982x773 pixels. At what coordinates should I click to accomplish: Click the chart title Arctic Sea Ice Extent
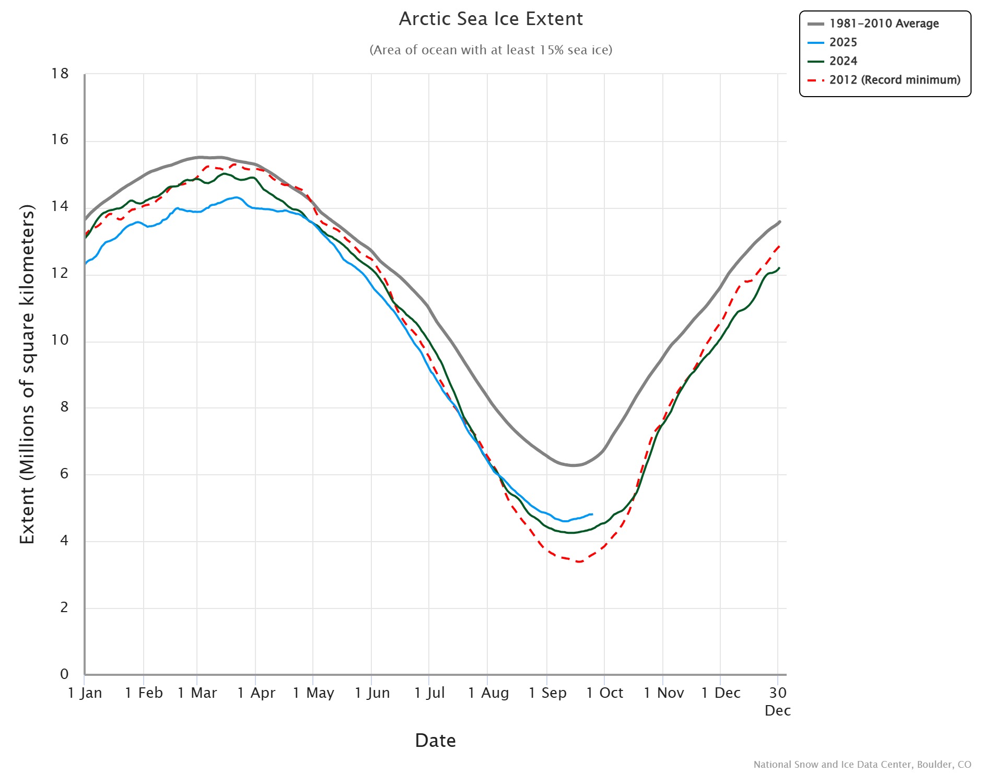pyautogui.click(x=490, y=19)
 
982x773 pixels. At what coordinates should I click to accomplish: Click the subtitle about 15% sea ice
pyautogui.click(x=490, y=50)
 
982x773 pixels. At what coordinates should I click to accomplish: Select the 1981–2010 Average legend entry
pyautogui.click(x=883, y=24)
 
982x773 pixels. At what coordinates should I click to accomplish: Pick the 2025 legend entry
pyautogui.click(x=843, y=42)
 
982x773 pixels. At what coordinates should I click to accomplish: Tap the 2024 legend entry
pyautogui.click(x=843, y=61)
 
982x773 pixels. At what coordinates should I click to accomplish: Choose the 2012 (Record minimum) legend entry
pyautogui.click(x=894, y=80)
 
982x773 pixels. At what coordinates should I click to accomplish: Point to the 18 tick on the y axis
pyautogui.click(x=60, y=74)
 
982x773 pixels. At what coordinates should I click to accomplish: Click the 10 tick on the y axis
pyautogui.click(x=60, y=340)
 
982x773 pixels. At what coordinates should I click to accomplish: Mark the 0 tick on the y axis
pyautogui.click(x=64, y=674)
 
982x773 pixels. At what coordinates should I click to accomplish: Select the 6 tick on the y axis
pyautogui.click(x=64, y=474)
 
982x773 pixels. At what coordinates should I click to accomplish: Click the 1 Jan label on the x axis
pyautogui.click(x=85, y=693)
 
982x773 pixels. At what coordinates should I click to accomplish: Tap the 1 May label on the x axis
pyautogui.click(x=313, y=693)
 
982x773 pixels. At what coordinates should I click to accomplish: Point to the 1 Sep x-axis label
pyautogui.click(x=547, y=693)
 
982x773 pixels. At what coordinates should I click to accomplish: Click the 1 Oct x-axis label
pyautogui.click(x=605, y=693)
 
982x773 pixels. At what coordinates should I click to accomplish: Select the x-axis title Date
pyautogui.click(x=435, y=741)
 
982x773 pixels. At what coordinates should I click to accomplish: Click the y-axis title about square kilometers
pyautogui.click(x=27, y=374)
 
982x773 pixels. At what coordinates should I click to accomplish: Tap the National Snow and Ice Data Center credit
pyautogui.click(x=862, y=765)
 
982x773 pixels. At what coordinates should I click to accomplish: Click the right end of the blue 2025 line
pyautogui.click(x=592, y=514)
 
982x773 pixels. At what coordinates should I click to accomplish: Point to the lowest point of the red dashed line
pyautogui.click(x=579, y=561)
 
